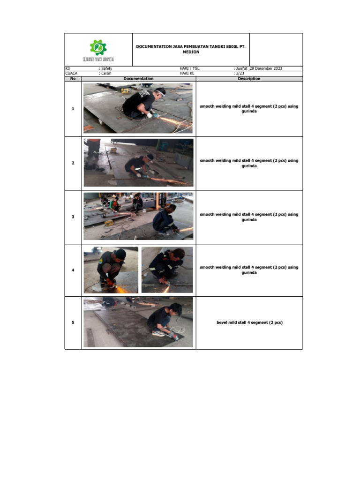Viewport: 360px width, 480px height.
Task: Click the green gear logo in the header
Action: point(98,47)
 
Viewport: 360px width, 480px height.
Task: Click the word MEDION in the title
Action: point(191,52)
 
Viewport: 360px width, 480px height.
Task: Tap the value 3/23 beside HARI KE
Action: point(240,74)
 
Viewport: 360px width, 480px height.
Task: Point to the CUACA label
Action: point(71,74)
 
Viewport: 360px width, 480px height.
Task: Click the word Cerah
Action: point(106,74)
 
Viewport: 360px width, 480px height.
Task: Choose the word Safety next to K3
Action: point(107,69)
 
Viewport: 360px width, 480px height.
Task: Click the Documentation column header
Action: point(138,79)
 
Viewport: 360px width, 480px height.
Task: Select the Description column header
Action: point(249,79)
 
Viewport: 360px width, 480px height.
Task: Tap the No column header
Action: point(73,79)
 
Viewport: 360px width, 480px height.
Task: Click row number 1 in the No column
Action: point(73,109)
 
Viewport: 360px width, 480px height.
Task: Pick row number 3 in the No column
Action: point(73,217)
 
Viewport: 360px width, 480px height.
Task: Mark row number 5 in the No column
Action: point(73,322)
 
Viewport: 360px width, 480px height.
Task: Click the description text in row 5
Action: point(249,322)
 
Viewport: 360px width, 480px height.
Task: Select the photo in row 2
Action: point(138,162)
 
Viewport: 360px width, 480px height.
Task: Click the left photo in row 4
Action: point(111,270)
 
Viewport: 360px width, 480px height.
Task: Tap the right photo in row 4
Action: point(167,270)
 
